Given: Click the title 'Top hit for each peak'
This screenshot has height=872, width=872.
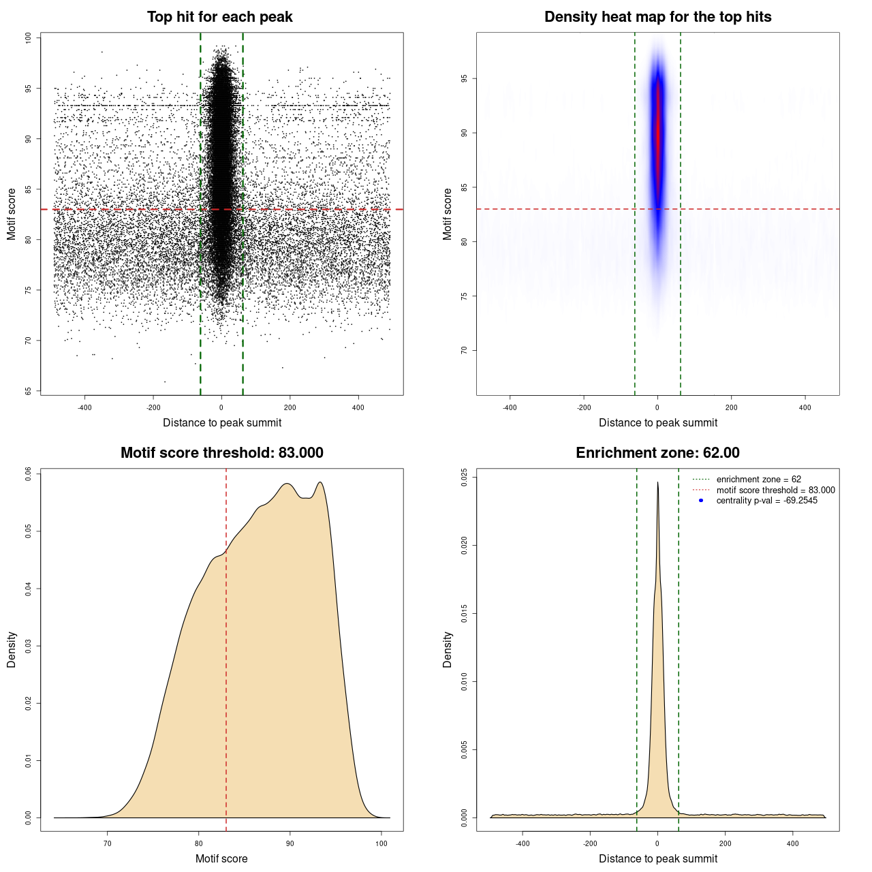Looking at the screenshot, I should pos(219,17).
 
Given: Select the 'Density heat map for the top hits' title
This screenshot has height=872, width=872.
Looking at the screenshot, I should pos(657,17).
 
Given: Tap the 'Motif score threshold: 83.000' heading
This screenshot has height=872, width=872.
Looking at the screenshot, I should pos(221,453).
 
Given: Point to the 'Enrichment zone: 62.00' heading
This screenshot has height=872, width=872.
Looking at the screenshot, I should pos(657,453).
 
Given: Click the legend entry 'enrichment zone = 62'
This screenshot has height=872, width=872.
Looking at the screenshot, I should pos(758,480).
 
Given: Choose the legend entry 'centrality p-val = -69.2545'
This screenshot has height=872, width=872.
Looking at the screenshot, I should pos(766,501).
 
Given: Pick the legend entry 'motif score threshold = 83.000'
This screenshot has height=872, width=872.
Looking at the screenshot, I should pos(775,490).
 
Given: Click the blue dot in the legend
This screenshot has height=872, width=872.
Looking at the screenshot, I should pos(701,501).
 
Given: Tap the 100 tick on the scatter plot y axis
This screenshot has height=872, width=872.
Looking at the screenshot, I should pos(28,38).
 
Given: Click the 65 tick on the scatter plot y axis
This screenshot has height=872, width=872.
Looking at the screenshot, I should pos(28,391).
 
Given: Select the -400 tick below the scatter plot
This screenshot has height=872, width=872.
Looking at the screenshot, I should pos(84,407).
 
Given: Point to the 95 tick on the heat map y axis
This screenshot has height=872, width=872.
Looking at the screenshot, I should pos(464,79).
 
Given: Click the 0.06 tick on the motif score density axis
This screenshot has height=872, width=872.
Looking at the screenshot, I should pos(28,473).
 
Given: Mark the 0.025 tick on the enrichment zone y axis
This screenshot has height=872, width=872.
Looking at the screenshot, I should pos(464,476).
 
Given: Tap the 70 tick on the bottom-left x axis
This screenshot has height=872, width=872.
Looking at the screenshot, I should pos(107,843).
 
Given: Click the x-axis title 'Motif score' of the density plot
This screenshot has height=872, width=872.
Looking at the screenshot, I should pos(221,858).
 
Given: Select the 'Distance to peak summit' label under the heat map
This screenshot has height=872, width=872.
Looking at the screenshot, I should pos(657,422).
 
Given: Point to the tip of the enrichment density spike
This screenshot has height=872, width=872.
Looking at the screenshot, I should pos(657,482).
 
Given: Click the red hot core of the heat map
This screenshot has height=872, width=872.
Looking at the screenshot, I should pos(657,129).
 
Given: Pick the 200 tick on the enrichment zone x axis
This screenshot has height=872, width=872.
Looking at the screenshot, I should pos(725,843).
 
